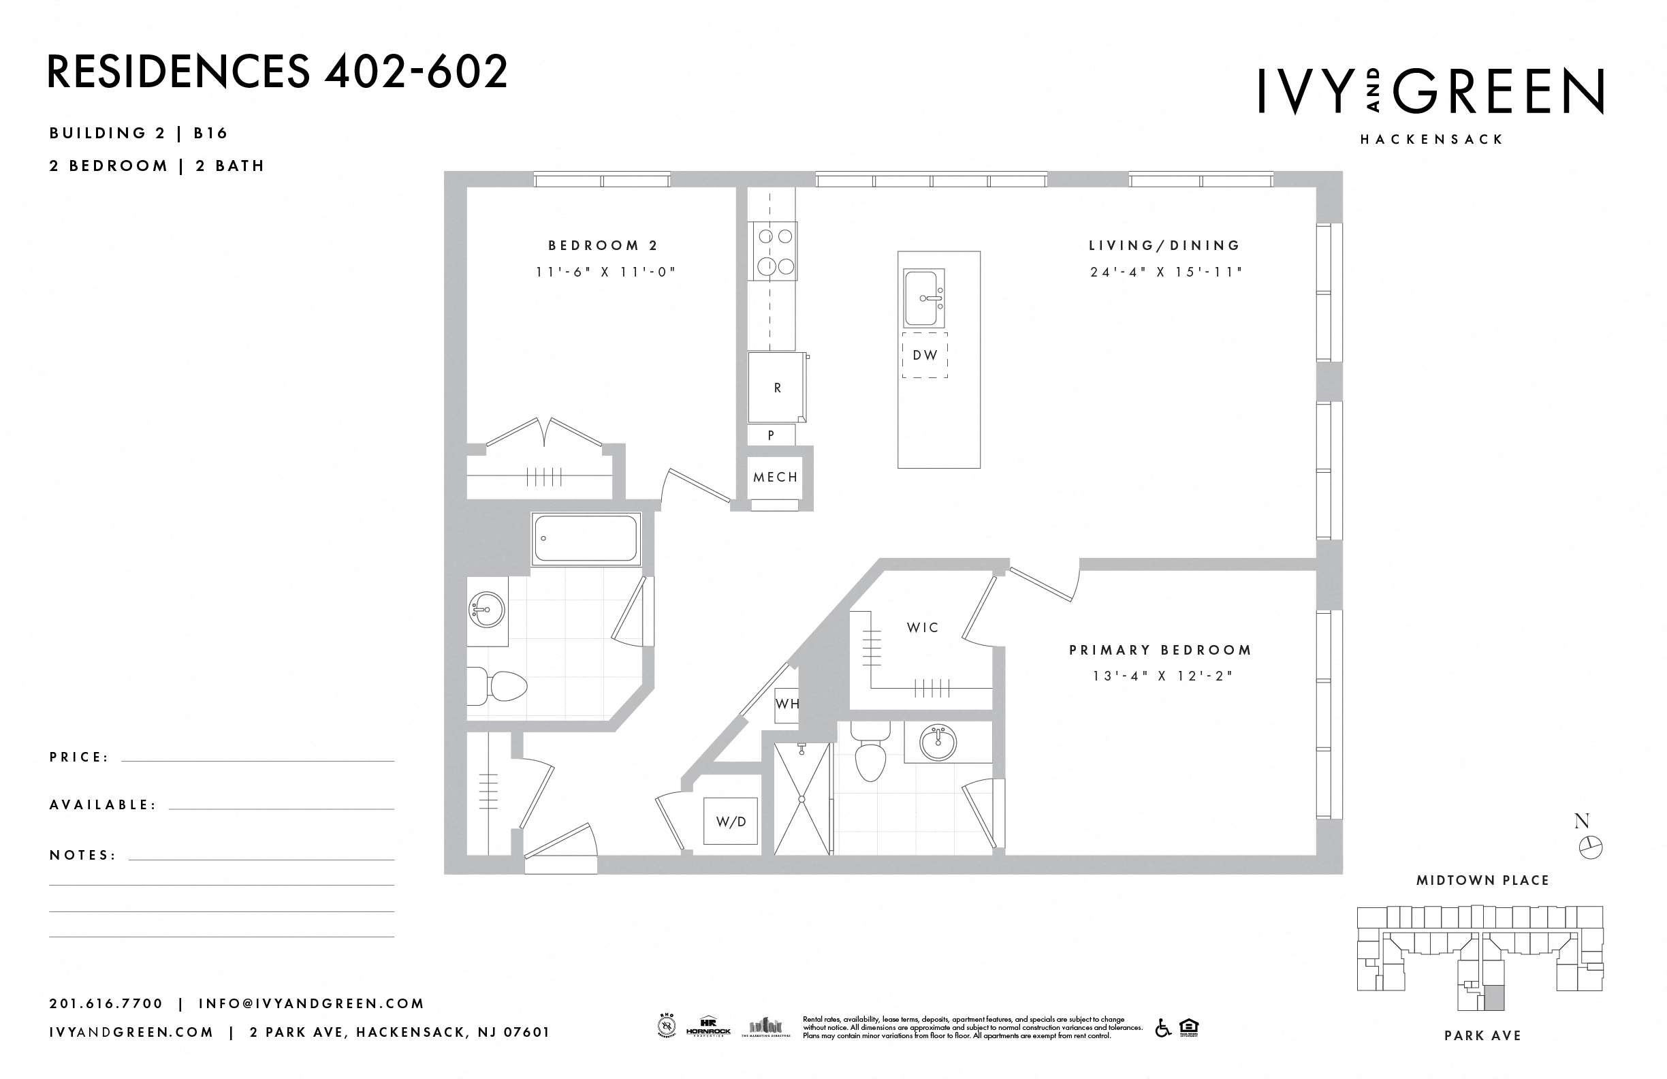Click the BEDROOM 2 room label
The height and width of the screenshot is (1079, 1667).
[603, 245]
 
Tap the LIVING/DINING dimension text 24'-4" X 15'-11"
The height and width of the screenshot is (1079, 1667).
[1166, 272]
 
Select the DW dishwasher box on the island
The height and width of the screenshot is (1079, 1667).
[925, 355]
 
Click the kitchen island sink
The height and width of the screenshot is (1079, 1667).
[924, 298]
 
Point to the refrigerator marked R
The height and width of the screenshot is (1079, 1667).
[776, 388]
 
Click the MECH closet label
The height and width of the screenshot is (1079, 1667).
[776, 477]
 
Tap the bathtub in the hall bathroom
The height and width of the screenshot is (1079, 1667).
[586, 538]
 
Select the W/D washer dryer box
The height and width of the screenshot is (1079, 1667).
[731, 821]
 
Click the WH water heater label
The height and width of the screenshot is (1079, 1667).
[787, 704]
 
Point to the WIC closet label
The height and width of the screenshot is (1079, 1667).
[923, 628]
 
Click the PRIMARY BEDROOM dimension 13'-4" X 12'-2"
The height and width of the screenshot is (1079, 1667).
[1161, 676]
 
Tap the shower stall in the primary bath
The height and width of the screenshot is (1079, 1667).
[802, 799]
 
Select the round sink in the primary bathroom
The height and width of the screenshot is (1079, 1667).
[938, 742]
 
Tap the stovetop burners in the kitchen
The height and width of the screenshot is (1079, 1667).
[773, 251]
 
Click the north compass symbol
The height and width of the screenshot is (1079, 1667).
[1591, 847]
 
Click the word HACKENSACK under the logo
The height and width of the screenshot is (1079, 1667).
[1431, 140]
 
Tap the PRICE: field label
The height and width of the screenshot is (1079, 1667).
[79, 757]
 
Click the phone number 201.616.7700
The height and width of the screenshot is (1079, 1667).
[106, 1003]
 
